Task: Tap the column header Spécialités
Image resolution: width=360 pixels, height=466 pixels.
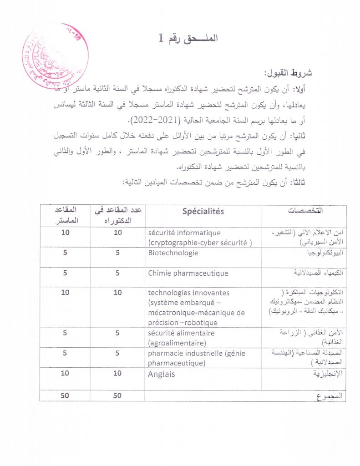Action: [x=203, y=212]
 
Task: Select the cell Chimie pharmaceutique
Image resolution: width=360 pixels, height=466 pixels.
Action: [x=188, y=274]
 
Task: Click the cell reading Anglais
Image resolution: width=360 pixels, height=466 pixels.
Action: [x=161, y=374]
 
